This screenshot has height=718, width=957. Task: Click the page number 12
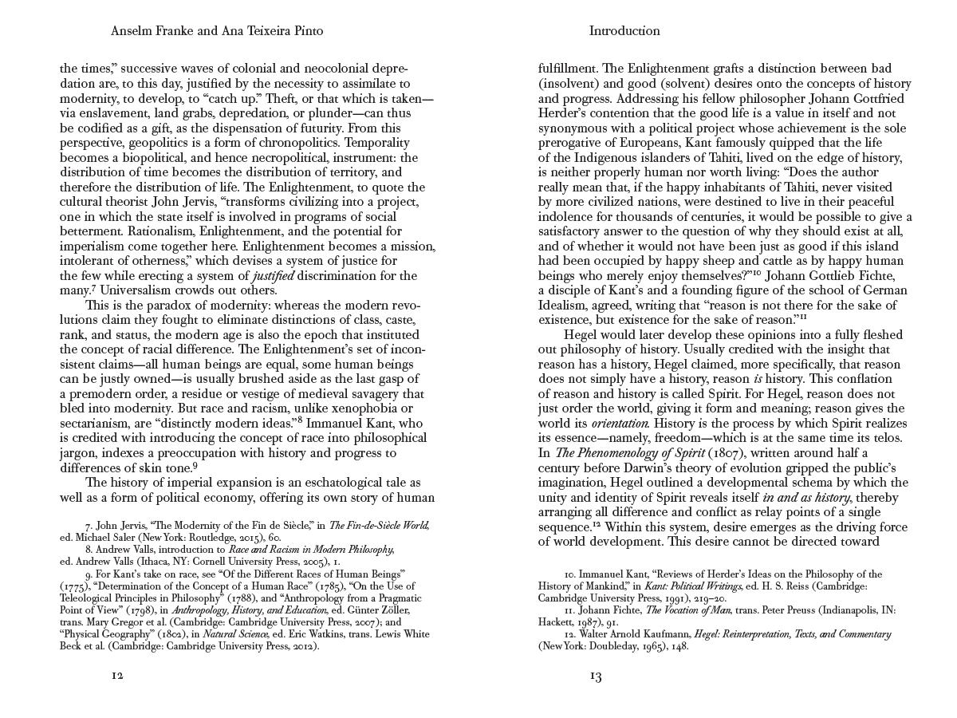point(116,676)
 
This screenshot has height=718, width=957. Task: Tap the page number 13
point(595,677)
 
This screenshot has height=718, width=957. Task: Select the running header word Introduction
point(624,31)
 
